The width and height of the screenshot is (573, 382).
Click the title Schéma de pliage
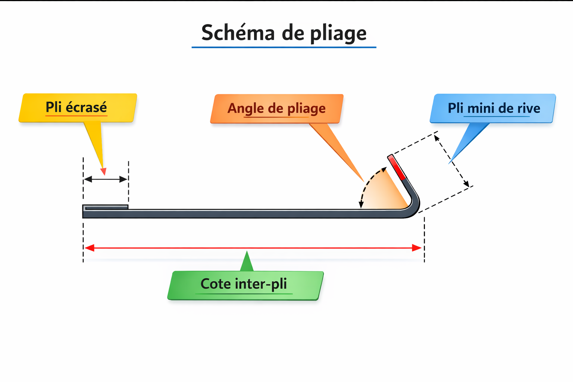(x=284, y=33)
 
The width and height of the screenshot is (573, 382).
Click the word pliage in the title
(x=338, y=34)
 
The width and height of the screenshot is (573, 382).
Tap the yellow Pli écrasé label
(x=77, y=107)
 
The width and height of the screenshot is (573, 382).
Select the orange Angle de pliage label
(x=276, y=109)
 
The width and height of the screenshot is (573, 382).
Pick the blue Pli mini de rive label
(x=493, y=108)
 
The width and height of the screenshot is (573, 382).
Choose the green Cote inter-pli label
(x=244, y=284)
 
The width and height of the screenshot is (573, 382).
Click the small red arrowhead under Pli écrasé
(x=103, y=172)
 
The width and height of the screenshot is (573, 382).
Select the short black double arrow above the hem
(x=106, y=179)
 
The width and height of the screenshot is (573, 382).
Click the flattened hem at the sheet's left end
(x=106, y=207)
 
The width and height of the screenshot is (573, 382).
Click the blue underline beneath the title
(x=284, y=47)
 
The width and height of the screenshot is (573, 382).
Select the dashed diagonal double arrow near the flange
(x=452, y=161)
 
